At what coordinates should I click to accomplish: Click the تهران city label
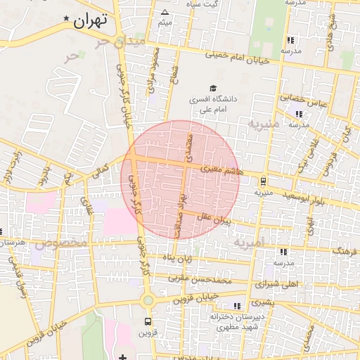pyautogui.click(x=91, y=20)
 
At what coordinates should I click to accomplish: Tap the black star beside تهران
pyautogui.click(x=66, y=18)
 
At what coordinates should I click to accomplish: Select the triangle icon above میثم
pyautogui.click(x=165, y=13)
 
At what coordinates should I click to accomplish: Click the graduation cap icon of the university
pyautogui.click(x=212, y=89)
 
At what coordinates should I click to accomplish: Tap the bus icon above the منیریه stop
pyautogui.click(x=263, y=181)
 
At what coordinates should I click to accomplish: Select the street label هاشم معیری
pyautogui.click(x=220, y=169)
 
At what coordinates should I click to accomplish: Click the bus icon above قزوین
pyautogui.click(x=147, y=321)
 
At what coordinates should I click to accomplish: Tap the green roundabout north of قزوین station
pyautogui.click(x=148, y=301)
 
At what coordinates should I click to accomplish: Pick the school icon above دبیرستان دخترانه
pyautogui.click(x=237, y=306)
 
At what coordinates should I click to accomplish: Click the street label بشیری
pyautogui.click(x=260, y=302)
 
